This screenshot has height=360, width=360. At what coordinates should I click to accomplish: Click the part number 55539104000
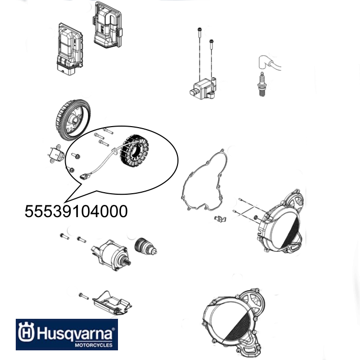point(76,211)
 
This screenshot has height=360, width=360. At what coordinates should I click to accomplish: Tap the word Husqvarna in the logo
point(75,334)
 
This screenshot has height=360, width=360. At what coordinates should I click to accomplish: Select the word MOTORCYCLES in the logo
point(94,345)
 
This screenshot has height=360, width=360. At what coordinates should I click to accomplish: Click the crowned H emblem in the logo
point(26,332)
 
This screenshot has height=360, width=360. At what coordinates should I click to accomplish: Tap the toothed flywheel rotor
point(73,121)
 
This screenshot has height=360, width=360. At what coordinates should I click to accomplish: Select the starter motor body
point(111,254)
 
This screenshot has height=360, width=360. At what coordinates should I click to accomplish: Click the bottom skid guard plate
point(112,304)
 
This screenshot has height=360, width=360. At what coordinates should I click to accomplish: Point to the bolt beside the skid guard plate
point(83,296)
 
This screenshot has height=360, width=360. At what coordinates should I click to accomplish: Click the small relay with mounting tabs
point(56,154)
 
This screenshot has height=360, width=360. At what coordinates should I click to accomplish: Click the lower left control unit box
point(69,49)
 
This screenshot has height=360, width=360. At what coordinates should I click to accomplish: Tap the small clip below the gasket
point(220,218)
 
